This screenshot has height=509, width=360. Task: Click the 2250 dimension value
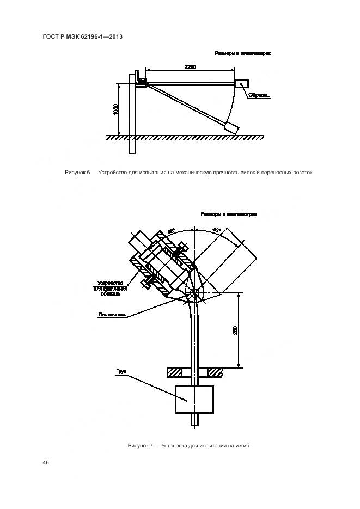click(x=190, y=66)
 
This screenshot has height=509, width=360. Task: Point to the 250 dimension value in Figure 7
click(x=235, y=330)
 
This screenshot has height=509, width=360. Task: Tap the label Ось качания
click(x=112, y=315)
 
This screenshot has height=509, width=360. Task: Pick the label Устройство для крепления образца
click(x=112, y=286)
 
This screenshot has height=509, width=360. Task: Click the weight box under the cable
click(x=194, y=398)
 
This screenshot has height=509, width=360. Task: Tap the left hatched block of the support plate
click(x=174, y=372)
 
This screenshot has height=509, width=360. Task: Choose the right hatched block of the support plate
click(x=215, y=372)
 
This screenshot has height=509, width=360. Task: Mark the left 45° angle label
click(x=171, y=231)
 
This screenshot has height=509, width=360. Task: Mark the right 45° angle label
click(x=216, y=230)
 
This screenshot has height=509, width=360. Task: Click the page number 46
click(x=46, y=463)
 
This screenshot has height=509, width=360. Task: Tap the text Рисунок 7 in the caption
click(x=139, y=446)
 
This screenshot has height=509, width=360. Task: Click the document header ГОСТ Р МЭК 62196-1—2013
click(x=82, y=36)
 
